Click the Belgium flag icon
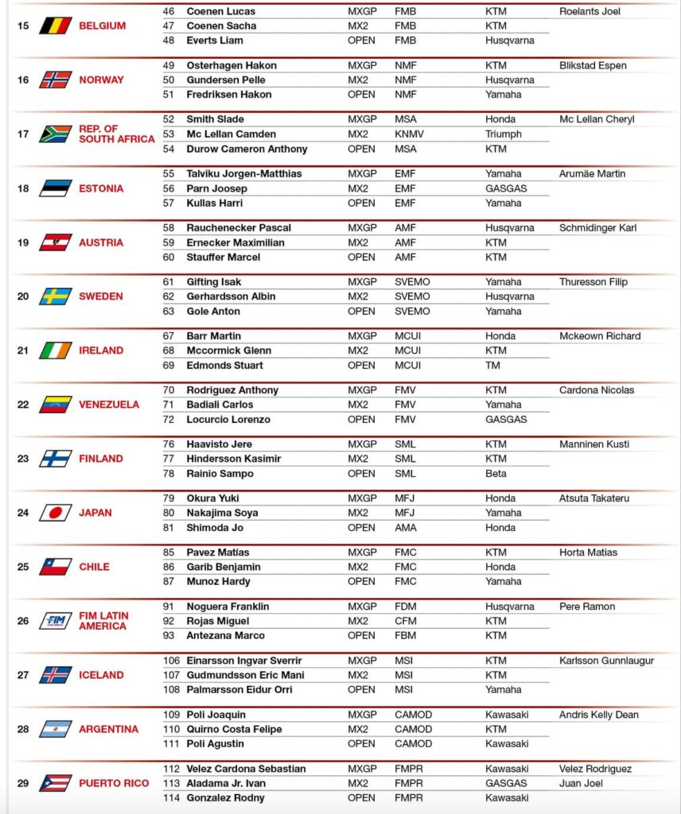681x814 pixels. coord(56,25)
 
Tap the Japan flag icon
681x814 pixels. coord(56,513)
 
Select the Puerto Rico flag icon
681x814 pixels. coord(56,783)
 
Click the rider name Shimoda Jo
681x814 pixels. coord(215,528)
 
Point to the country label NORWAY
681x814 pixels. coord(101,79)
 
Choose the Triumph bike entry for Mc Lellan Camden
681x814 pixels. coord(504,134)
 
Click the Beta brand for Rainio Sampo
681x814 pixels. coord(496,474)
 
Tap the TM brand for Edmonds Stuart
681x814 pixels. coord(493,366)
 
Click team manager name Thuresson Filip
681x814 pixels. coord(593,282)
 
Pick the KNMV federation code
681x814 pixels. coord(409,134)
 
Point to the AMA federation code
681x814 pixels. coord(406,528)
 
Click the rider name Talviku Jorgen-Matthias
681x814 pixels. coord(243,174)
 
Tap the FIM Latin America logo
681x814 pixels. coord(56,621)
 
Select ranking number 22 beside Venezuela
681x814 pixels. coord(23,405)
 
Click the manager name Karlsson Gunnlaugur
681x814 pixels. coord(606,661)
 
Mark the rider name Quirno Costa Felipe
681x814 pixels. coord(234,730)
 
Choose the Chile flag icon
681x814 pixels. coord(56,567)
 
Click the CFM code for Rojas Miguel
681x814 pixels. coord(406,622)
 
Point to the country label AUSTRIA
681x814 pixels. coord(101,242)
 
